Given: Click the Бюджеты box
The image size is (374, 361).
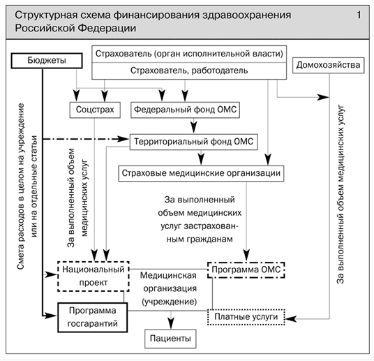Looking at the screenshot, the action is point(47,61).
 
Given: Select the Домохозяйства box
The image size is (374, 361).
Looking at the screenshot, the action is point(328,65).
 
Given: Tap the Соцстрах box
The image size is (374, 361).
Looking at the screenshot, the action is point(95,110).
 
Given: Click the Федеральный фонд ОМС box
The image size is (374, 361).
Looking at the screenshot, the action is point(185,110).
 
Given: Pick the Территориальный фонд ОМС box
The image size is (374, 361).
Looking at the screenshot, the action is point(193,142).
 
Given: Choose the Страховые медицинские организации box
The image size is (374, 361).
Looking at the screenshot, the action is point(201,173).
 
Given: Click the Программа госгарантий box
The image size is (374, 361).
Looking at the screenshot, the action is point(93,318).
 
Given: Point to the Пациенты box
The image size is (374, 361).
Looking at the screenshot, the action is point(170,339).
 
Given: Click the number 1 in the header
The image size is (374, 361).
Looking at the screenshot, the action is point(359,15).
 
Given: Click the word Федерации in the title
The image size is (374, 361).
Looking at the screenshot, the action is point(107,28).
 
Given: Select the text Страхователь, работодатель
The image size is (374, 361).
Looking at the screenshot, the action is point(189,71).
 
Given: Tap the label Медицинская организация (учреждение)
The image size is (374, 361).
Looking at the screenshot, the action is point(169,288).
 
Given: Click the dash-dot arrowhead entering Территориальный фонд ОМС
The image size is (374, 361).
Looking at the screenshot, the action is point(124,139).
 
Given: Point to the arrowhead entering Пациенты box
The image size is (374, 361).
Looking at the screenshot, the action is point(171,323).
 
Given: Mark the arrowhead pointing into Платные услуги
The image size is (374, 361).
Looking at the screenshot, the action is point(290,318).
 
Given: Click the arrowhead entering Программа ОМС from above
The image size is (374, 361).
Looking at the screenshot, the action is point(246,256).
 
